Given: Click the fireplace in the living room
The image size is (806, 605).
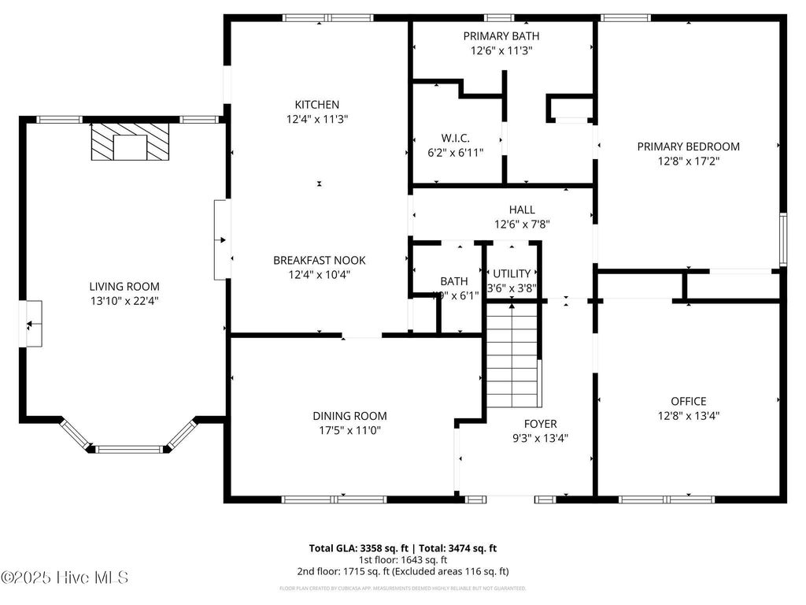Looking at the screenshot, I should [129, 142].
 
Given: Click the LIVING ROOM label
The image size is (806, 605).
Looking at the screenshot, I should [124, 287].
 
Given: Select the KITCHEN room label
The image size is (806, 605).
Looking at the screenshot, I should [317, 105].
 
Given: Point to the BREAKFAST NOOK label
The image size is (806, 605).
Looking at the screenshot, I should [319, 260].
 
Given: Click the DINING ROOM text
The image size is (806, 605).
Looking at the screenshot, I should [349, 416].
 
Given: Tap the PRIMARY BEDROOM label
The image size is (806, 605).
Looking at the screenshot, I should [688, 147].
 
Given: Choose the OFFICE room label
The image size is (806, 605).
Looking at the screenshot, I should [688, 401].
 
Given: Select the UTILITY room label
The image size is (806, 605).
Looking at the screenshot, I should [512, 273].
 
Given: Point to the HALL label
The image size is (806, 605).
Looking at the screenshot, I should [521, 210].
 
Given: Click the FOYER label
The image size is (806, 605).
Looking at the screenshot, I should [541, 422].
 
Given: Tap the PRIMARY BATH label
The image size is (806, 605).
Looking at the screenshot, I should [501, 36].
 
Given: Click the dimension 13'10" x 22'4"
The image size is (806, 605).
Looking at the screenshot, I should [124, 301].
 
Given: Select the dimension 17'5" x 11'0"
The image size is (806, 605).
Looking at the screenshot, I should [349, 430].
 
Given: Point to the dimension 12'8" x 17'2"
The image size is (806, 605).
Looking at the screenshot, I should [688, 161].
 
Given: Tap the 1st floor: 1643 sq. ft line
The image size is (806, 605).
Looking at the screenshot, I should [402, 559].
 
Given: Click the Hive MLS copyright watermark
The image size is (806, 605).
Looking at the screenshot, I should [65, 577].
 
